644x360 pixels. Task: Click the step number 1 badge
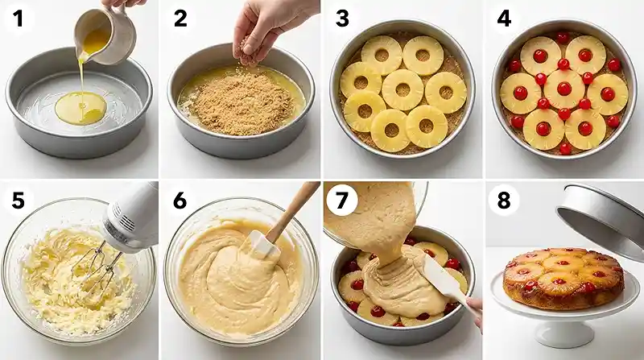coord(19,19)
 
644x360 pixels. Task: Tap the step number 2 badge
coord(180,19)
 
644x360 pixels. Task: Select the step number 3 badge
coord(341,19)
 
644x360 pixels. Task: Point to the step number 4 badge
coord(504,19)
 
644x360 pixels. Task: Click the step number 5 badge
coord(19,200)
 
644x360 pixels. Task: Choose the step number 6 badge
coord(180,200)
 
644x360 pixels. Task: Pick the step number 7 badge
coord(341,200)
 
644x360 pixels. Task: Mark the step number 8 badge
coord(504,200)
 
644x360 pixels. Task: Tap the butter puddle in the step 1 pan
coord(80,107)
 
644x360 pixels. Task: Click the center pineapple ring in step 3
coord(402,89)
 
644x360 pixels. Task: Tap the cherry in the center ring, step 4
coord(563,89)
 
